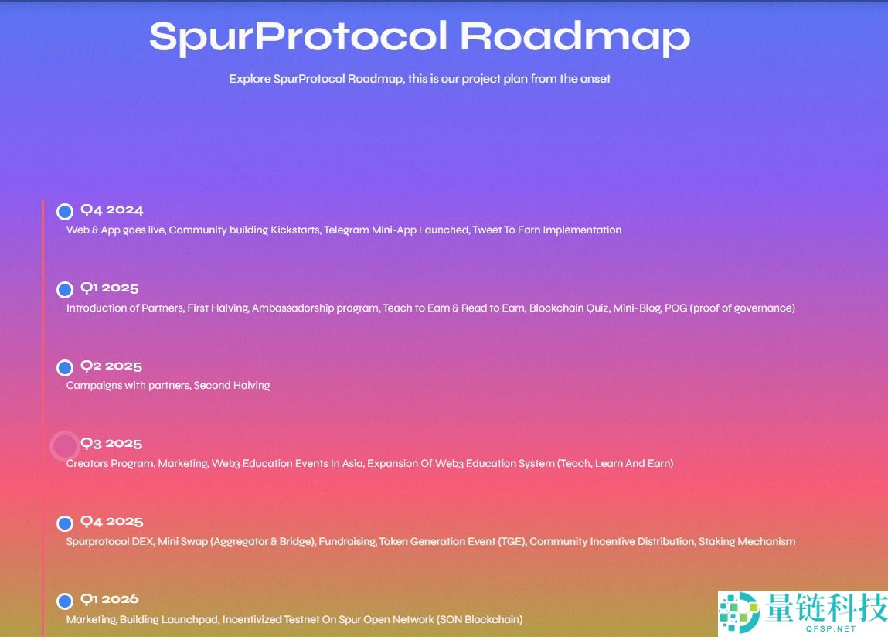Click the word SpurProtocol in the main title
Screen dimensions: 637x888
pos(298,37)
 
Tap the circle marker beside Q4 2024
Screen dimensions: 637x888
pos(65,212)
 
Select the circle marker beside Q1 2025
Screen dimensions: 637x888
pos(65,290)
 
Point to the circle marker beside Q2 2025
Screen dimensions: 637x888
pos(65,367)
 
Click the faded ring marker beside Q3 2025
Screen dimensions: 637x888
pos(64,445)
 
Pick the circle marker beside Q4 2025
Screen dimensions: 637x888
pos(65,523)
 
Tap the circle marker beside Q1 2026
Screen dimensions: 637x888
pos(65,601)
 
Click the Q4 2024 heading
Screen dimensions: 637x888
pos(112,209)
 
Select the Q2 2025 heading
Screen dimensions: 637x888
pos(111,366)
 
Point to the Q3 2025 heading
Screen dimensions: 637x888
pos(111,443)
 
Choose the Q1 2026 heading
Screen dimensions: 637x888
pos(110,598)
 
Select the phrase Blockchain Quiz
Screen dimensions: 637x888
pos(570,308)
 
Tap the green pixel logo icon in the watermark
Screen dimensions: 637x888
pos(738,613)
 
